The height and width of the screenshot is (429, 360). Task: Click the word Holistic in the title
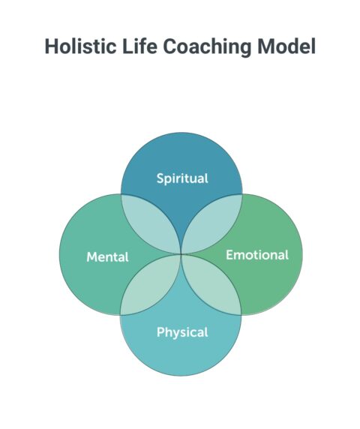[78, 46]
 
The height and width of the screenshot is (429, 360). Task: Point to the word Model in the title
[287, 46]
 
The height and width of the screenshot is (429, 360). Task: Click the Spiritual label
[181, 178]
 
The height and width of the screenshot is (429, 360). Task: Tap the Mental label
[107, 257]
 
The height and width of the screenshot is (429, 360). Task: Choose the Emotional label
[256, 255]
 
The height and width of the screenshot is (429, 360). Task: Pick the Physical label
[181, 331]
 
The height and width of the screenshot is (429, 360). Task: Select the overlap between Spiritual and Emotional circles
[211, 223]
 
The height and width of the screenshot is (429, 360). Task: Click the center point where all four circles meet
[181, 254]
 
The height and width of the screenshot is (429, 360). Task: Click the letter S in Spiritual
[160, 178]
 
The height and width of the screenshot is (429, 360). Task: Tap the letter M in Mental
[91, 257]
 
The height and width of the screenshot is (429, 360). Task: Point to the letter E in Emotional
[229, 255]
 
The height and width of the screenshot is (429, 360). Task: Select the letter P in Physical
[160, 331]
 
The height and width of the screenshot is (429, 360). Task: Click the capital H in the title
[51, 46]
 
